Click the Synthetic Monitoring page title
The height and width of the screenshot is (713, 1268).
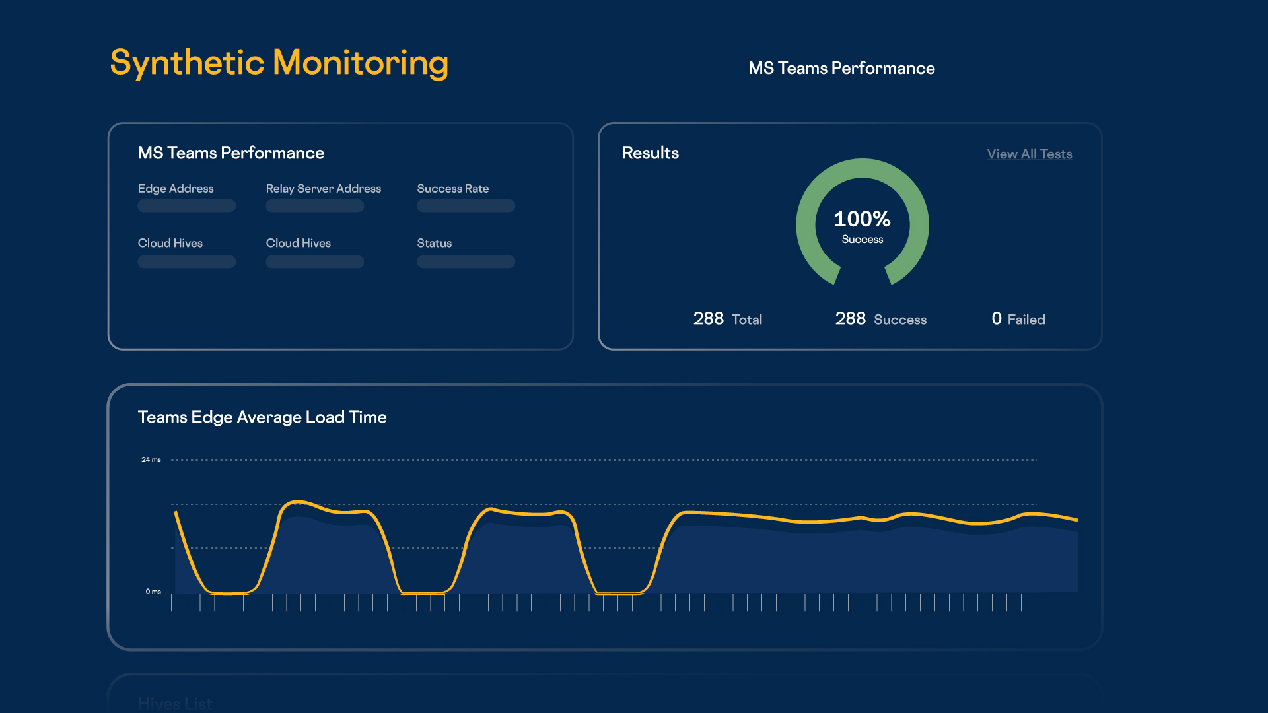(279, 63)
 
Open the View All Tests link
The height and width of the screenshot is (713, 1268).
(1029, 154)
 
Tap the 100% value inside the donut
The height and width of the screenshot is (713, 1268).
(862, 219)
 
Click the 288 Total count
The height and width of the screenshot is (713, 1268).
(727, 319)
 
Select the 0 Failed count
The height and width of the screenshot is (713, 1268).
(1018, 319)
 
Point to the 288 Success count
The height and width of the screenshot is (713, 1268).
(880, 319)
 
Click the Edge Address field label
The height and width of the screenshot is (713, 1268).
(176, 189)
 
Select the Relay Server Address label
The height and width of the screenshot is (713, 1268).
(323, 189)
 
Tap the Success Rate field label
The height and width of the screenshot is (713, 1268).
(452, 189)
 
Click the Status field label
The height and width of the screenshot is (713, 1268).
(434, 244)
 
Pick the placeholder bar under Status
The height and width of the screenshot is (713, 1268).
(466, 262)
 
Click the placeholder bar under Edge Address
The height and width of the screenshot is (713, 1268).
(186, 206)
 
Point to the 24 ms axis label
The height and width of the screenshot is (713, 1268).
(151, 459)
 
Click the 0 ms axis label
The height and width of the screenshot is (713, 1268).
(153, 592)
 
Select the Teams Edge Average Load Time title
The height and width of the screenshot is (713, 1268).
(262, 417)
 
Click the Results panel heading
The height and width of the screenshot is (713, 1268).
(650, 153)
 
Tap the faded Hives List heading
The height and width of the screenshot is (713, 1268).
(175, 704)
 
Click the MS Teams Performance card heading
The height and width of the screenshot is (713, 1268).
(230, 153)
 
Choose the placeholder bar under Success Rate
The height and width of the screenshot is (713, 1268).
(466, 206)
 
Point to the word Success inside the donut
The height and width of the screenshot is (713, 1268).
(862, 240)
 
